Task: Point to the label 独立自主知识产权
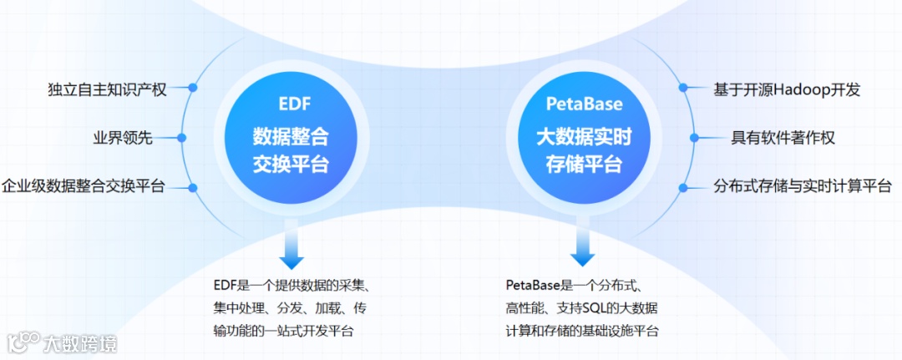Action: tap(108, 89)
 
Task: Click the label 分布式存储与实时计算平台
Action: tap(803, 185)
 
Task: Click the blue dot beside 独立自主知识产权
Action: tap(193, 87)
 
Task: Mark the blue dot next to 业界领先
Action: tap(183, 138)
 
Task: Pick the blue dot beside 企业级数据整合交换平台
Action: tap(193, 187)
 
